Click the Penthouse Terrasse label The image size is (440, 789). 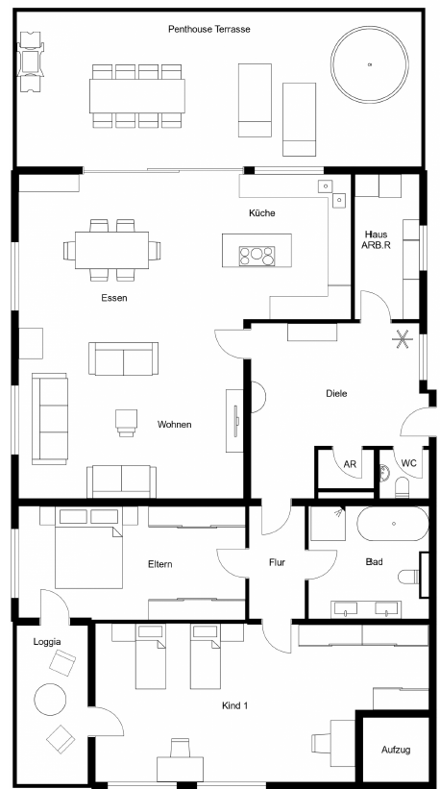[x=208, y=29]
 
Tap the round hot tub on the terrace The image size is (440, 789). [x=370, y=64]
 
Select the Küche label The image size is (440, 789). [x=262, y=212]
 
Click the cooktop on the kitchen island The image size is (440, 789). [x=257, y=256]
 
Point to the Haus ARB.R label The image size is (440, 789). [x=377, y=238]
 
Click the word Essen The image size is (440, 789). [x=114, y=297]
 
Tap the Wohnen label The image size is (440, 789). [x=175, y=424]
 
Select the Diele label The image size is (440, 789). [x=336, y=393]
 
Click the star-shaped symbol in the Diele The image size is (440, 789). [x=403, y=338]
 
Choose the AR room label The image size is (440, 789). [x=350, y=464]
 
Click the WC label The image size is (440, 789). [x=409, y=463]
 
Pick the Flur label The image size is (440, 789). [x=277, y=562]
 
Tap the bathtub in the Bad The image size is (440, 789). [x=393, y=524]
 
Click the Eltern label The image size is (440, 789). [x=159, y=564]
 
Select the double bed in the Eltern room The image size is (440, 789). [x=88, y=550]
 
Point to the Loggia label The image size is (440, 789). [x=47, y=642]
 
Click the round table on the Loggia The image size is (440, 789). [x=50, y=699]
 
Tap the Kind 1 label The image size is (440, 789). [x=234, y=705]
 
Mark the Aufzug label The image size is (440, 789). [x=396, y=750]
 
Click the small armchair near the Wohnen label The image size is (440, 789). [x=126, y=422]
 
